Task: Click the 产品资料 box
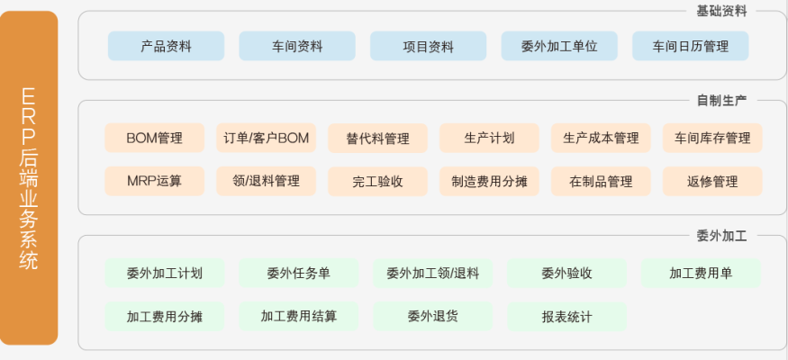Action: [x=166, y=46]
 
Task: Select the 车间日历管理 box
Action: [x=690, y=46]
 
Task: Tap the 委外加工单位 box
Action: [x=558, y=46]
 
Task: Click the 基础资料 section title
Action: [x=721, y=12]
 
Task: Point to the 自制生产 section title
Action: [x=721, y=100]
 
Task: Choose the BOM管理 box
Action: [x=154, y=138]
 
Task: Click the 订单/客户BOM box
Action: [x=266, y=138]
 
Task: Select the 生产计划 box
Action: [x=489, y=138]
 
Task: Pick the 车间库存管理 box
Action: [x=711, y=138]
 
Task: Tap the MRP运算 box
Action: [x=154, y=181]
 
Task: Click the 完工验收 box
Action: [x=377, y=181]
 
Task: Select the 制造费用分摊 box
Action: [x=489, y=181]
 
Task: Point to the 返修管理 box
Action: [x=711, y=181]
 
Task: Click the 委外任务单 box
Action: [x=298, y=273]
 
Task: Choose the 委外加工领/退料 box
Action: [x=432, y=273]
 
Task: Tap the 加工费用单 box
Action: [x=700, y=273]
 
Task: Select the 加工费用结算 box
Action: [x=298, y=316]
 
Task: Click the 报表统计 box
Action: [x=566, y=316]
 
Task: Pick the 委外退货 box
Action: [x=432, y=316]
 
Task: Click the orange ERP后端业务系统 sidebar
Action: [x=29, y=178]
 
